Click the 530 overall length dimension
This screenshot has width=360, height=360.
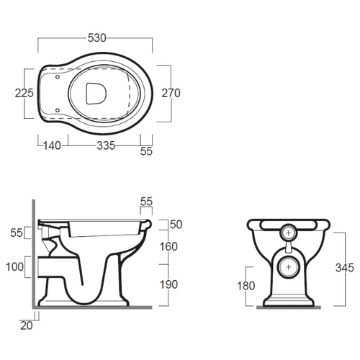click(x=96, y=38)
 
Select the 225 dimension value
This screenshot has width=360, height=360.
click(x=24, y=93)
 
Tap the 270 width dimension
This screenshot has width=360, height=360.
click(x=171, y=93)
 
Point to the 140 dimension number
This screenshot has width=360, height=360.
click(x=52, y=145)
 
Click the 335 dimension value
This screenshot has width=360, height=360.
click(x=106, y=145)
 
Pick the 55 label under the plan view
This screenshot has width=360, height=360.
click(x=146, y=151)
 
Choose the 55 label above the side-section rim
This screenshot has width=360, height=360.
click(x=146, y=202)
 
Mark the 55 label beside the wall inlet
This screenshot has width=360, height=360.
click(x=17, y=233)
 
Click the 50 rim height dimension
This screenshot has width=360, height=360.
click(x=176, y=225)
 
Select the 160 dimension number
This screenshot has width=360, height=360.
click(x=168, y=246)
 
